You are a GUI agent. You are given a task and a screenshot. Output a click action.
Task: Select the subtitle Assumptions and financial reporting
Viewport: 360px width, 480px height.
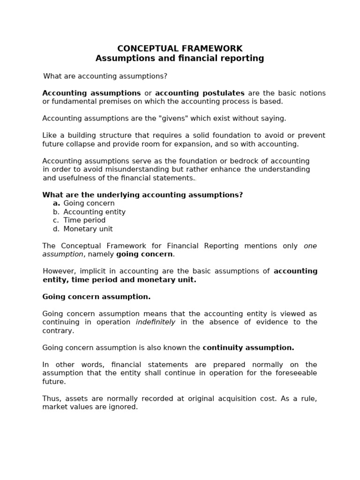point(180,59)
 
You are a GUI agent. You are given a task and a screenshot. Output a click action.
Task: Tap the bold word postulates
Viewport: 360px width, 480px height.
point(223,93)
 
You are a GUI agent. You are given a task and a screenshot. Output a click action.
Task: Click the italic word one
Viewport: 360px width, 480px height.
point(310,246)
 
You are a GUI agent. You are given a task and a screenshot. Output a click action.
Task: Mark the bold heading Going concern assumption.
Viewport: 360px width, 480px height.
point(97,297)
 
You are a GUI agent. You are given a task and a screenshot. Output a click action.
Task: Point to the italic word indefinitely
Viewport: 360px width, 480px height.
point(155,322)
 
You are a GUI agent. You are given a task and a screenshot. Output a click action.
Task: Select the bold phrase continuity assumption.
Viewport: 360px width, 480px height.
point(248,348)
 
